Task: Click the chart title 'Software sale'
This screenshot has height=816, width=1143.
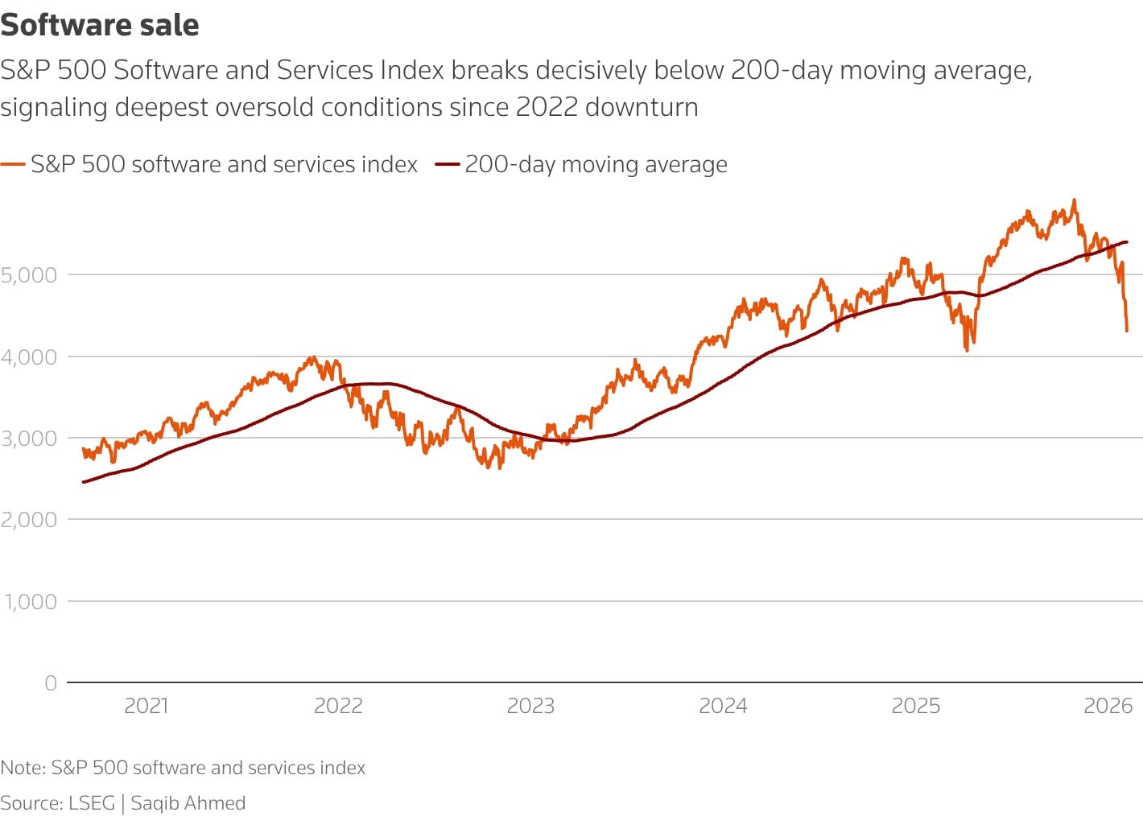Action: point(100,25)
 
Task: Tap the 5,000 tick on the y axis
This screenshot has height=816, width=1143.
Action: point(29,275)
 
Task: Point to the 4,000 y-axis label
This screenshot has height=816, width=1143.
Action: point(29,356)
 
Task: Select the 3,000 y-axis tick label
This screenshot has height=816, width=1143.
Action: point(29,439)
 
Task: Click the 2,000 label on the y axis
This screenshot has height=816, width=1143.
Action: point(29,520)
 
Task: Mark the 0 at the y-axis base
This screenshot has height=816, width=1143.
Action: point(51,683)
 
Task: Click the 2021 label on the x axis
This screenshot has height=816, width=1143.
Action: point(146,706)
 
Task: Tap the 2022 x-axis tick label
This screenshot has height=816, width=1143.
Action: point(338,706)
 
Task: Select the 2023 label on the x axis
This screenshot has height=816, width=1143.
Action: point(530,706)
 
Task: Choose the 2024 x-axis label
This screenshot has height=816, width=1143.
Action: point(723,706)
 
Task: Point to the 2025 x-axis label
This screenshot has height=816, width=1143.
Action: point(915,706)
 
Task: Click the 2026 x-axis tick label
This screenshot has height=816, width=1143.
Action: point(1108,706)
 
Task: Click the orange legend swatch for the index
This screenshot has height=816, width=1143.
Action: point(13,165)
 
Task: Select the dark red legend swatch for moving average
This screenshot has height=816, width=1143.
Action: point(447,165)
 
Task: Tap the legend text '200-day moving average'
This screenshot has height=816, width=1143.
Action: point(596,164)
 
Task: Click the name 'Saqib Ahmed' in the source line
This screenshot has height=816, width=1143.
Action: point(188,802)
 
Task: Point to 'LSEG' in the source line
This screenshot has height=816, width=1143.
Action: point(92,802)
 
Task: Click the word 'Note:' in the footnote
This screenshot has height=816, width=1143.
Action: point(23,768)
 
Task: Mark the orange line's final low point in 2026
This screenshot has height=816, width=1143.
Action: point(1127,330)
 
